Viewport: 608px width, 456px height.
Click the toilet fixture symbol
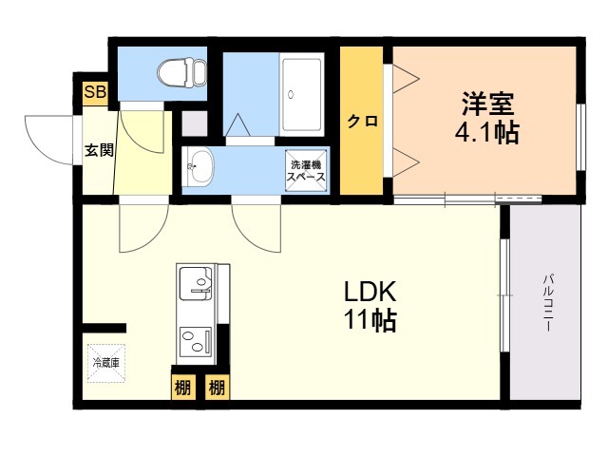181,72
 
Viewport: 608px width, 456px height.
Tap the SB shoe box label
95,93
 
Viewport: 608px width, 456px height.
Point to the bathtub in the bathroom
302,95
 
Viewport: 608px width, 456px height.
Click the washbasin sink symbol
199,166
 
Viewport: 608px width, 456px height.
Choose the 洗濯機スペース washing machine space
306,171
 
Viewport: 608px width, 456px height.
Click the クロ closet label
362,122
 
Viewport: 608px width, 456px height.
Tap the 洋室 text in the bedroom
487,104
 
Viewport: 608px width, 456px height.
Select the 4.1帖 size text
486,133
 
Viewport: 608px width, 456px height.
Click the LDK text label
370,292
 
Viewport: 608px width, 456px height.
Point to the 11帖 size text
370,320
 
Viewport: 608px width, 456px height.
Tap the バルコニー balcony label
547,302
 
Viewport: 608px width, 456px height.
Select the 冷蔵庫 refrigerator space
105,363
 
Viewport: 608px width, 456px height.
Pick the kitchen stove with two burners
196,342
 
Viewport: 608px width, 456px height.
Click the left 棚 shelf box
182,387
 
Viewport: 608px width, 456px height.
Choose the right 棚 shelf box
218,387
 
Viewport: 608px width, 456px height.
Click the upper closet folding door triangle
406,79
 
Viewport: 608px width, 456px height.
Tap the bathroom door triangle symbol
237,124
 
